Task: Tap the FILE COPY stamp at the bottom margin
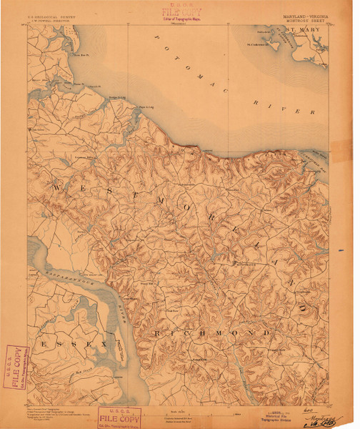[120, 416]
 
